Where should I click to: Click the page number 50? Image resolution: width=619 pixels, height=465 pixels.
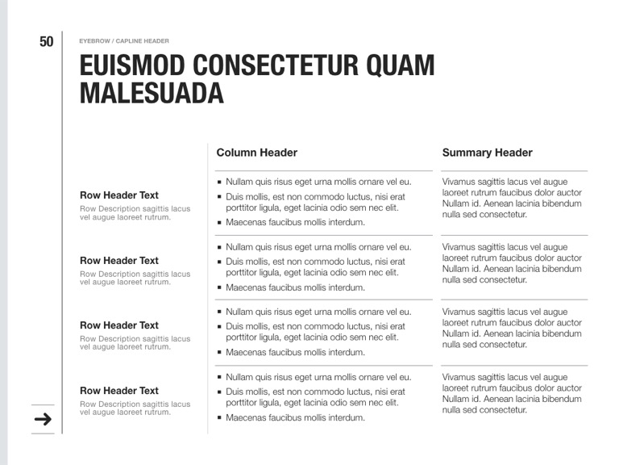(46, 41)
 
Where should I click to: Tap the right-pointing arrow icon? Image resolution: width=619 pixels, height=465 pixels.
(43, 419)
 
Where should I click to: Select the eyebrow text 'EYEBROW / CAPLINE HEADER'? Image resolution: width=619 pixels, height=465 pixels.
(124, 41)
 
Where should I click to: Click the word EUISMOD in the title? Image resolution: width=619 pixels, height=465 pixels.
(132, 65)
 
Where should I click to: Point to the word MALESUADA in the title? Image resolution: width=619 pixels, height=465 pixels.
(151, 93)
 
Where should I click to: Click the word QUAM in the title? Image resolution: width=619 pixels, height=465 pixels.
(400, 65)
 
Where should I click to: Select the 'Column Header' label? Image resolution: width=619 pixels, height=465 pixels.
(256, 153)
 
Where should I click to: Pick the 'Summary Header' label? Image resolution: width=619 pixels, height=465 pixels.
(487, 153)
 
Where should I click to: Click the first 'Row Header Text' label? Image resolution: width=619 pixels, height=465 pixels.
(119, 195)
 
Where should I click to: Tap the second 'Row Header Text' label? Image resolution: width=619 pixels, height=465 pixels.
(119, 261)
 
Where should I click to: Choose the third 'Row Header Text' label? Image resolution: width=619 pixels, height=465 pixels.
(119, 325)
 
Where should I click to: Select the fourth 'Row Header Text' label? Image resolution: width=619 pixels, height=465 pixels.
(119, 391)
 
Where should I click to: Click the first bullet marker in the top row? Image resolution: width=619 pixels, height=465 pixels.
(219, 182)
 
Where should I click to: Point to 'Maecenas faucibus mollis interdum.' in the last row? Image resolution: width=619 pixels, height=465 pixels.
(295, 417)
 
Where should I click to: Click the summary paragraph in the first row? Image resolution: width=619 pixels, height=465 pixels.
(512, 199)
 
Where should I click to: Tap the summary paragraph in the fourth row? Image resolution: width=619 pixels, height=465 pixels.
(512, 393)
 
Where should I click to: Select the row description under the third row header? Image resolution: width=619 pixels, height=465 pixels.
(135, 343)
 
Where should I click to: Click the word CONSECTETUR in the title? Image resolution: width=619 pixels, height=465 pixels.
(273, 65)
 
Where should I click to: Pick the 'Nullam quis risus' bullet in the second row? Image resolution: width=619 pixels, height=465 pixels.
(318, 247)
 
